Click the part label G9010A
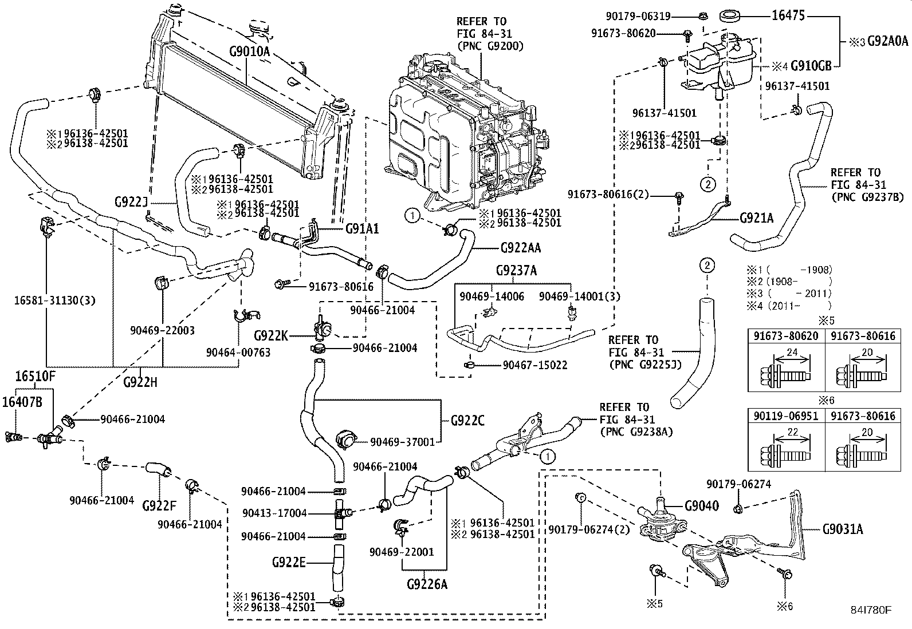(249, 52)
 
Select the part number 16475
(788, 15)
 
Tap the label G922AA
(520, 247)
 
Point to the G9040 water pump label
(702, 506)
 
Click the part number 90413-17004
(274, 513)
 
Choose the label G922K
(271, 335)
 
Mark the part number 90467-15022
(535, 365)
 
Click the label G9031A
(842, 529)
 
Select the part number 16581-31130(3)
(54, 300)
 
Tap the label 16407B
(22, 402)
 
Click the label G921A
(757, 218)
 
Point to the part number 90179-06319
(638, 16)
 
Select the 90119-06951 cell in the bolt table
(786, 416)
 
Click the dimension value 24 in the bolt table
(792, 352)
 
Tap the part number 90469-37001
(403, 442)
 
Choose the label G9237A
(516, 270)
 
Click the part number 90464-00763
(238, 352)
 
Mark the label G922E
(289, 562)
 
